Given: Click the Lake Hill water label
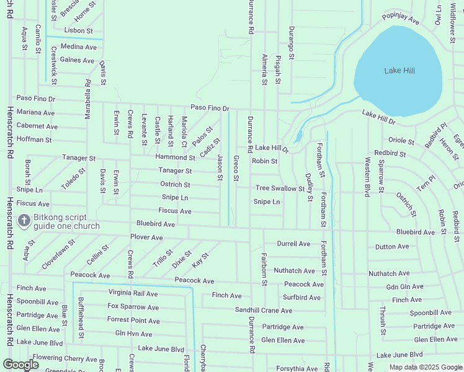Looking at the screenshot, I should click(x=399, y=71).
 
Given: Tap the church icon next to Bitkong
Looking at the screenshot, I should click(x=24, y=220).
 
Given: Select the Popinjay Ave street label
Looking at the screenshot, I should click(x=401, y=19).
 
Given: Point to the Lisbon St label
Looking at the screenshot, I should click(x=78, y=30).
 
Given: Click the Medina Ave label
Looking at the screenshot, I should click(x=79, y=47).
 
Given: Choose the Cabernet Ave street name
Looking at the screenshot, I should click(x=37, y=126).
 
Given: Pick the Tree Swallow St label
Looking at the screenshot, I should click(x=280, y=188).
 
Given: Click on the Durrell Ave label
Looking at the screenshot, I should click(x=293, y=244).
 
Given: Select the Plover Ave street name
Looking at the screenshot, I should click(x=146, y=237).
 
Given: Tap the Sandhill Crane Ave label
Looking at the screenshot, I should click(x=264, y=310).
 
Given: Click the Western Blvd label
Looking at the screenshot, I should click(x=368, y=177).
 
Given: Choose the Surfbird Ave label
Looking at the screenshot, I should click(x=301, y=298).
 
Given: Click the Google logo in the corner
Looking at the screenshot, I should click(x=20, y=365).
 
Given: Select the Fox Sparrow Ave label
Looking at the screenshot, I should click(x=133, y=306).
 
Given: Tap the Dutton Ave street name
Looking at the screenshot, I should click(x=392, y=247).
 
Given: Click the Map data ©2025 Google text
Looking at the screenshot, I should click(x=425, y=367).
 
